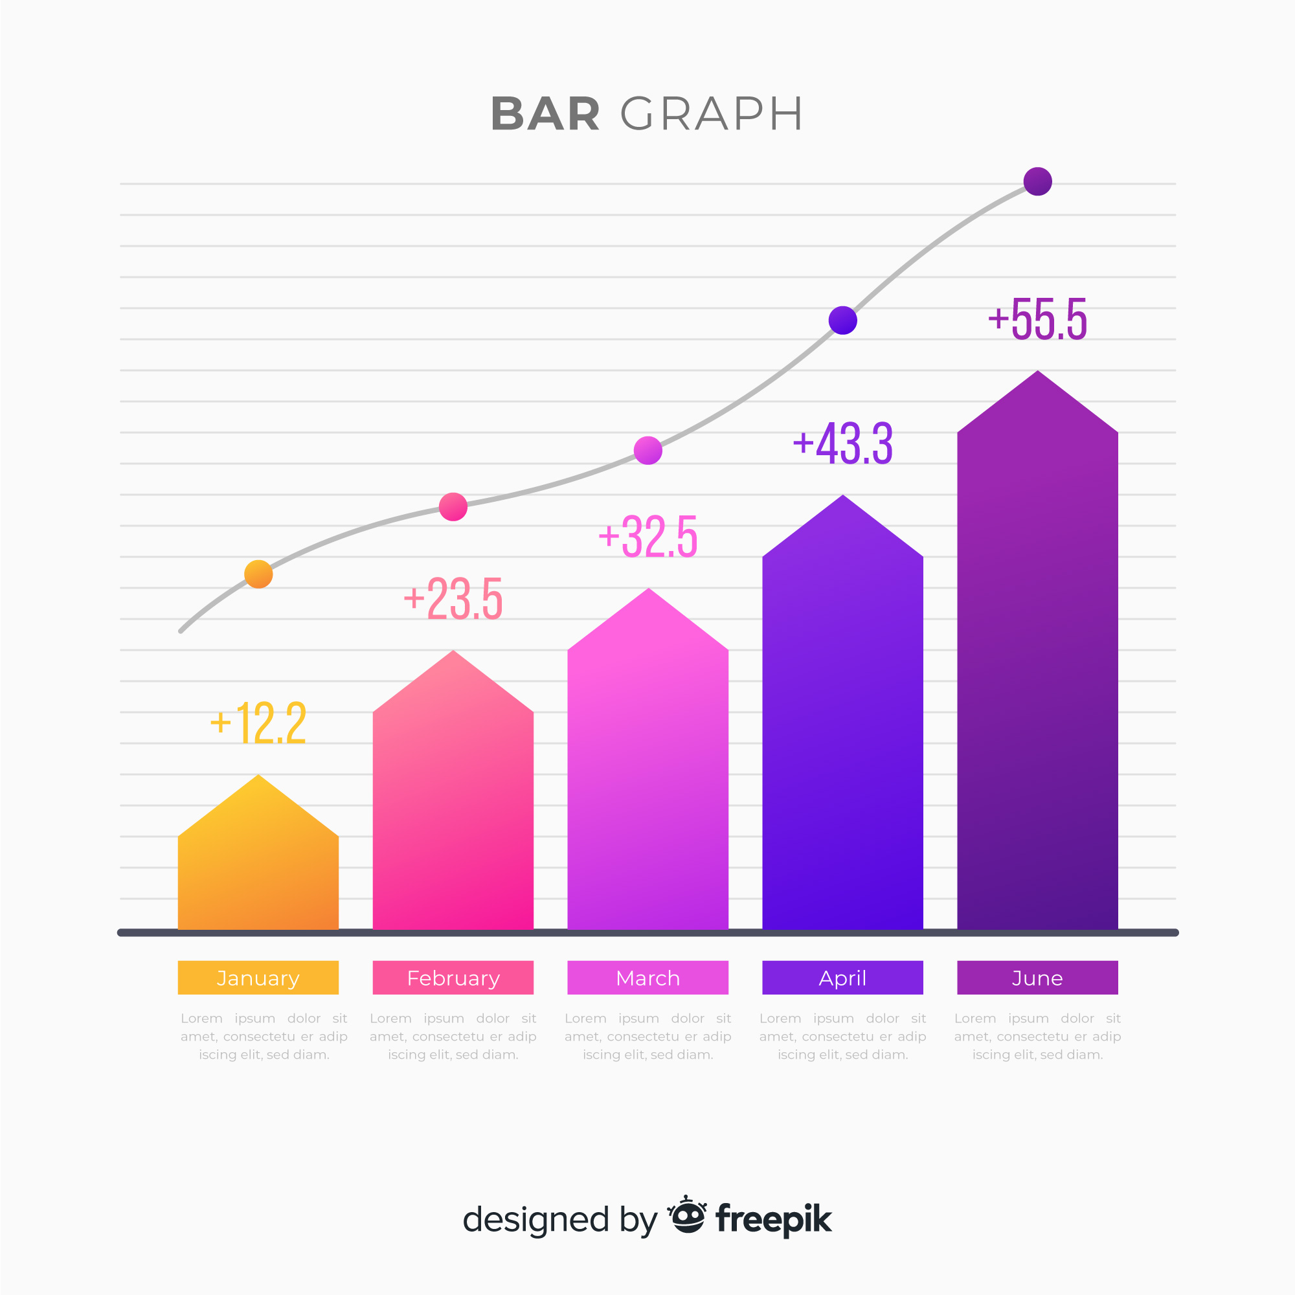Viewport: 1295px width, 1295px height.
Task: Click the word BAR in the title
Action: [545, 114]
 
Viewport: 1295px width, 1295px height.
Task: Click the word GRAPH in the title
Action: [711, 114]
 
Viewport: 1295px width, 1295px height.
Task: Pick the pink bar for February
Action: [453, 804]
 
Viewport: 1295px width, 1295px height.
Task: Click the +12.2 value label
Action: [258, 723]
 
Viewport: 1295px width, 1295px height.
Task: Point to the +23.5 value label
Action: [453, 598]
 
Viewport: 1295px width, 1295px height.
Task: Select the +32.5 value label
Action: [648, 536]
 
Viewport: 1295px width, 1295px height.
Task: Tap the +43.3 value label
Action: [842, 443]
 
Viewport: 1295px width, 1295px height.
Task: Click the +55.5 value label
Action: [1037, 319]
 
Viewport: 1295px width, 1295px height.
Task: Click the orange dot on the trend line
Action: [258, 574]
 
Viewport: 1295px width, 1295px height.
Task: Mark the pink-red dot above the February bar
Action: [453, 507]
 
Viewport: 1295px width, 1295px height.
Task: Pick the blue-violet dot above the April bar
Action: [842, 320]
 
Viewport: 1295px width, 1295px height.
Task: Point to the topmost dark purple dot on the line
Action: [1037, 181]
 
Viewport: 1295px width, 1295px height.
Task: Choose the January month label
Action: [258, 978]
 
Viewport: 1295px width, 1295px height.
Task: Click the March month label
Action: [648, 978]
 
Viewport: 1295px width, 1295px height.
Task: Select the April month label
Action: [842, 978]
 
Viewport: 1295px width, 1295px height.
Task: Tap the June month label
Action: [1037, 978]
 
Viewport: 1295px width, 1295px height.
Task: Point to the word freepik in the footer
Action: [774, 1219]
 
